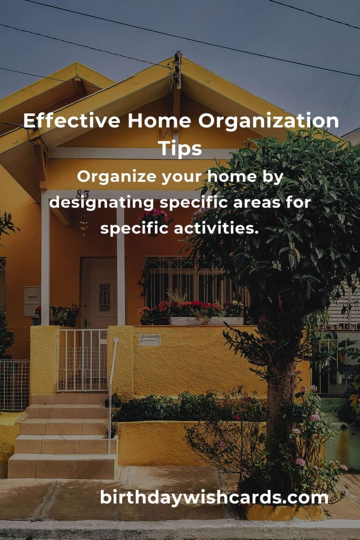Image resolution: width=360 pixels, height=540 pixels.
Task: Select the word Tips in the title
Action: pyautogui.click(x=180, y=148)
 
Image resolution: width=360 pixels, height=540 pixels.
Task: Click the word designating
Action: pyautogui.click(x=102, y=203)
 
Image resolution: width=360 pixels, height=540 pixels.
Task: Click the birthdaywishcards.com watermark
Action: pyautogui.click(x=214, y=497)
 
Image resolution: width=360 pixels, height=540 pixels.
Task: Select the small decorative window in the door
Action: pyautogui.click(x=105, y=297)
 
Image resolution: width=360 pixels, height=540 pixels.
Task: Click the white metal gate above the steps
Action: pyautogui.click(x=82, y=360)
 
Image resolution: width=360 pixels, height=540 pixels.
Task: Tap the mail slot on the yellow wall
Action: pyautogui.click(x=150, y=339)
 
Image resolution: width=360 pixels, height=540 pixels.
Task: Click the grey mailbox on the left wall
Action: pyautogui.click(x=32, y=300)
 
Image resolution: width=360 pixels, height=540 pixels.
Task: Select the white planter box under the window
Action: pyautogui.click(x=206, y=321)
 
